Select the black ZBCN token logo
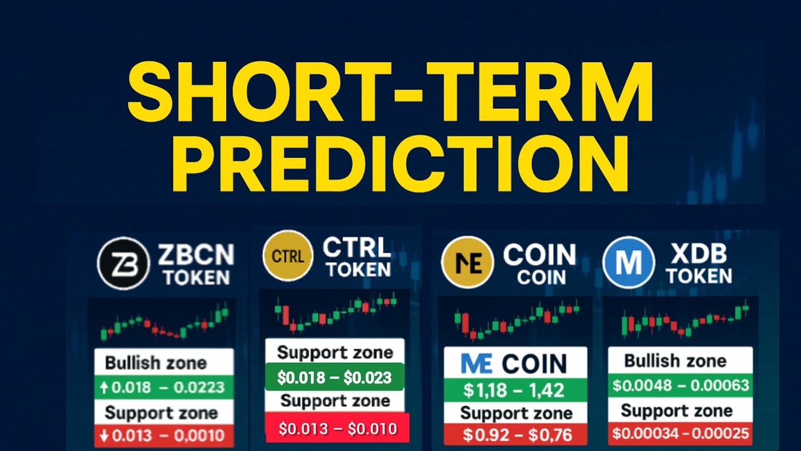point(123,263)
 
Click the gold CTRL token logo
point(288,256)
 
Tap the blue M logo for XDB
point(628,262)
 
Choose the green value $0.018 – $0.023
point(334,378)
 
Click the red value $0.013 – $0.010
point(337,428)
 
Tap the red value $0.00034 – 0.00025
point(680,433)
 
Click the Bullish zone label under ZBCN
point(156,363)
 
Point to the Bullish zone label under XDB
point(675,361)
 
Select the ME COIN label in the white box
point(514,363)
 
